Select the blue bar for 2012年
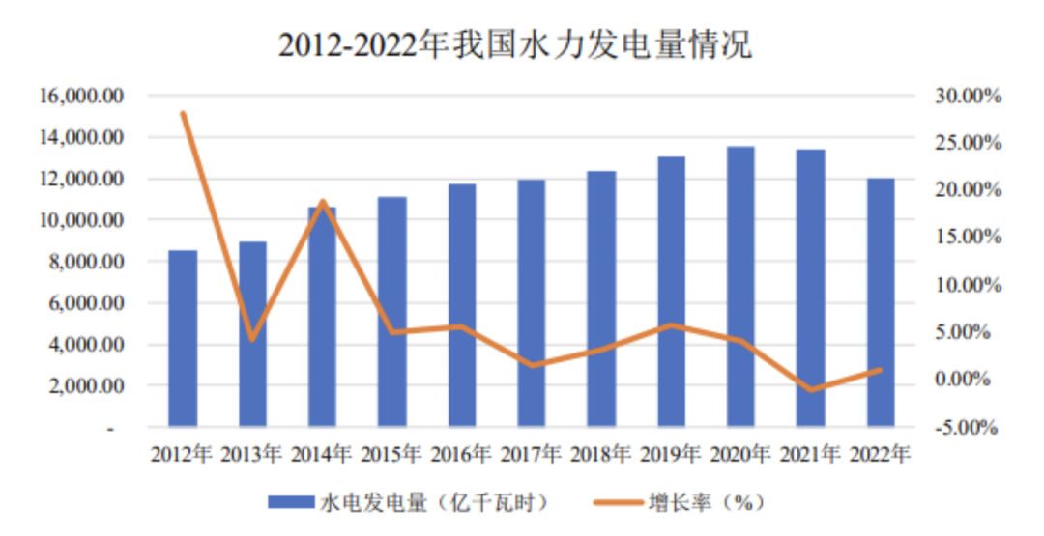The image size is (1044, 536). pos(183,338)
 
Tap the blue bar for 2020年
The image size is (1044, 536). pos(740,286)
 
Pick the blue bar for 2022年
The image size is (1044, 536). pos(880,301)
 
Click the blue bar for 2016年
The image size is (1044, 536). pos(462,305)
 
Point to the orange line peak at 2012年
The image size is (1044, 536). pos(183,113)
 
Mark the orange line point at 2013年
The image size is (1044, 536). pos(252,339)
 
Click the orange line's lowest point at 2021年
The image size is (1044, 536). pos(810,390)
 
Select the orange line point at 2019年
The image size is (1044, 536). pos(671,325)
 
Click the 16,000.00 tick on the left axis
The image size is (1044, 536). pos(81,97)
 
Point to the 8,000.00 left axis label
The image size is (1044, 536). pos(85,262)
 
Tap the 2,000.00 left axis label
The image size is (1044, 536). pos(85,386)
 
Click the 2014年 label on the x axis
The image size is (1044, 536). pos(323,453)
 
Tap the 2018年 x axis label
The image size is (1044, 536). pos(601,453)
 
